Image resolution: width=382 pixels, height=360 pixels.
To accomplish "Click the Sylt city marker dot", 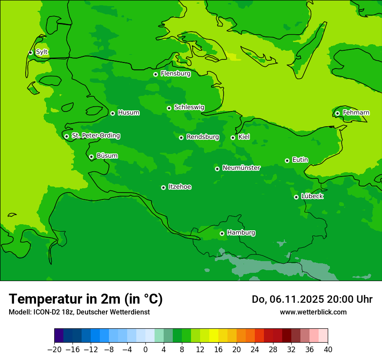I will pos(30,52).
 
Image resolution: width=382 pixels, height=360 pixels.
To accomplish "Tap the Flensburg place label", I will pos(175,74).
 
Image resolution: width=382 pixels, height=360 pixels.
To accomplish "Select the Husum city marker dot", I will pos(112,113).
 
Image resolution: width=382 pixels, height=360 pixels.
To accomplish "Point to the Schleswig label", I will pos(189,107).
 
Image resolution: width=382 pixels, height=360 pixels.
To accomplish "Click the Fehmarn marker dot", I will pos(337,113).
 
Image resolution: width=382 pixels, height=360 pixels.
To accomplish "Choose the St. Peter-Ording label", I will pos(95,136).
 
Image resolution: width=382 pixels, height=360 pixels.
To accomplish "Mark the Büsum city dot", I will pos(91,157).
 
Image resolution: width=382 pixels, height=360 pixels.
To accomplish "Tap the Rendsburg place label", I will pos(202,137).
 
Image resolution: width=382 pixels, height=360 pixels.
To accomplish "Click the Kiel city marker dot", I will pos(233,137).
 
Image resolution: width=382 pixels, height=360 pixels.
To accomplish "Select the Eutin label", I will pos(300,160).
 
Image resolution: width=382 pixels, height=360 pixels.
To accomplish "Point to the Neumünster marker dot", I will pos(217,169).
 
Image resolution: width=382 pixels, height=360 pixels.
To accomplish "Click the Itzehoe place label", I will pos(180,187).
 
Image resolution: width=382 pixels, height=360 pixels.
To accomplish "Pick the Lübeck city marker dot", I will pos(296,197).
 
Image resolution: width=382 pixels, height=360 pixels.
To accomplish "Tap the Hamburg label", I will pos(241,232).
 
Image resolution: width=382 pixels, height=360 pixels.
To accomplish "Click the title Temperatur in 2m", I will pos(86,299).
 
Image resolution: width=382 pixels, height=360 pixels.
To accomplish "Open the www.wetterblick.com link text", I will pos(313,312).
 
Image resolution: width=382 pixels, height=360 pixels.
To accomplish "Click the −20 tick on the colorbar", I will pos(54,350).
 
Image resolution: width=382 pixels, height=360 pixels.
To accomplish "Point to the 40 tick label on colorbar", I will pos(328,350).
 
